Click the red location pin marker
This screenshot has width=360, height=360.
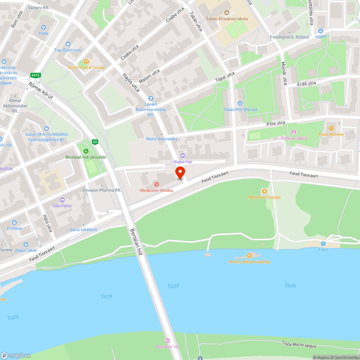click(x=180, y=172)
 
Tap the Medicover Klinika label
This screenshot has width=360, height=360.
click(x=157, y=190)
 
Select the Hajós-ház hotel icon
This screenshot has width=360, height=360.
click(x=183, y=156)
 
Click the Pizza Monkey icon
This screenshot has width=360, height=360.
click(x=331, y=128)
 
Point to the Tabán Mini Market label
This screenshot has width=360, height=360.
click(x=240, y=109)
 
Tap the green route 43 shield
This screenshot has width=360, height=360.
click(x=95, y=142)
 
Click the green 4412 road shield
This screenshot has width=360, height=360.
click(x=35, y=75)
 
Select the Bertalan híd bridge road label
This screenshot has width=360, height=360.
click(x=136, y=242)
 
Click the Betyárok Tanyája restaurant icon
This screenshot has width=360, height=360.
click(x=265, y=191)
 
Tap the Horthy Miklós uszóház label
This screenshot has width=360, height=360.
click(x=249, y=262)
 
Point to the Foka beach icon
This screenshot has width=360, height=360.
click(x=323, y=244)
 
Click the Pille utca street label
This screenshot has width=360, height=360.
click(x=276, y=123)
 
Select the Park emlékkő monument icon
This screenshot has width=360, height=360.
click(x=294, y=132)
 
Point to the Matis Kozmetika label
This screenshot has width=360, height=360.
click(x=162, y=139)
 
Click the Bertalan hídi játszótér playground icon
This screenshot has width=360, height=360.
click(x=86, y=151)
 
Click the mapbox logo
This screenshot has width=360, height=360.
click(x=16, y=355)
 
